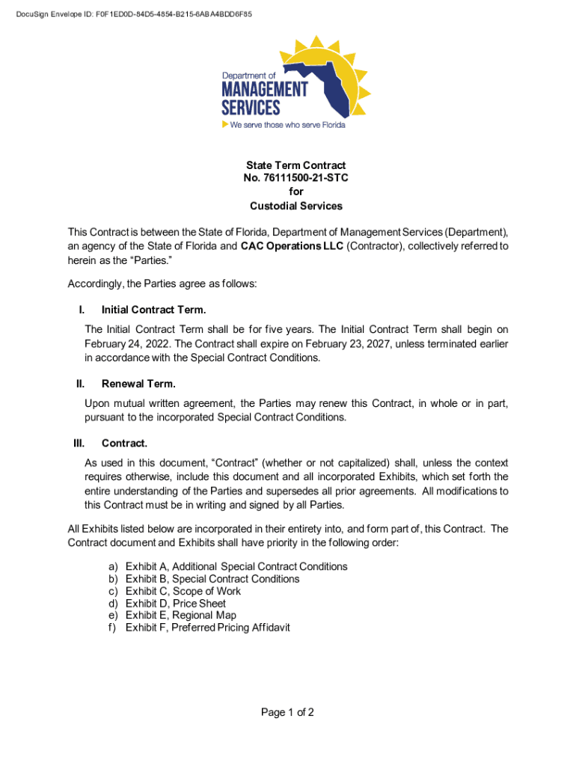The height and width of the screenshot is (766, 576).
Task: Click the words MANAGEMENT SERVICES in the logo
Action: tap(264, 98)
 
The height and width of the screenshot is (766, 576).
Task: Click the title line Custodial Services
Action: tap(295, 206)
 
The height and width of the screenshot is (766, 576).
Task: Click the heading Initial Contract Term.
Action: tap(153, 310)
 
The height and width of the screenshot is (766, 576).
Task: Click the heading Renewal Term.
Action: tap(138, 384)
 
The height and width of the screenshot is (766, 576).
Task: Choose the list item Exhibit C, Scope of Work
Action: tap(183, 591)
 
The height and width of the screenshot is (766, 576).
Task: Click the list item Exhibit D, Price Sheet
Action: tap(176, 604)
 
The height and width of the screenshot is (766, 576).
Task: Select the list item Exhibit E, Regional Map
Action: tap(181, 616)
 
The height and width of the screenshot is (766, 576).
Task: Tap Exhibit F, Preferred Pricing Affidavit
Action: tap(208, 628)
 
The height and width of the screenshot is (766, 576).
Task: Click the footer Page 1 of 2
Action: tap(287, 712)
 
